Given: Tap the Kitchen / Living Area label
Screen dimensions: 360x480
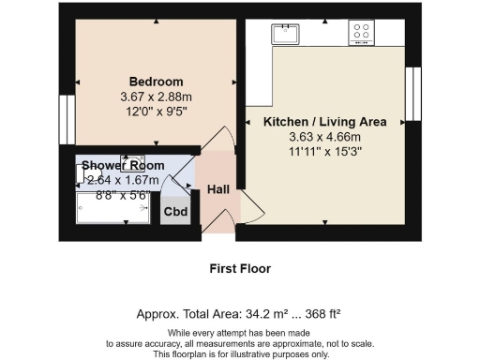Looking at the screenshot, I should click(x=324, y=122).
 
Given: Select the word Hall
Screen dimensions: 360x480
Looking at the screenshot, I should click(x=218, y=189).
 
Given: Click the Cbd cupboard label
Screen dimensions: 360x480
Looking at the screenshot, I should click(x=175, y=211).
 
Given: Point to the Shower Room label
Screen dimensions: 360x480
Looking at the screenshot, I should click(x=122, y=166).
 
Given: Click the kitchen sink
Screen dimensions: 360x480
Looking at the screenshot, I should click(x=284, y=35).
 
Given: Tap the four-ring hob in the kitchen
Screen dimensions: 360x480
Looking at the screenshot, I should click(x=361, y=34).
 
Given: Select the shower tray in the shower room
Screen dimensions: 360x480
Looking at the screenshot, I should click(x=112, y=213).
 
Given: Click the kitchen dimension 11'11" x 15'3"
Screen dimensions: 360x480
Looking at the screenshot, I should click(x=324, y=151).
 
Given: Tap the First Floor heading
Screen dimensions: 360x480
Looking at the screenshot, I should click(x=239, y=269).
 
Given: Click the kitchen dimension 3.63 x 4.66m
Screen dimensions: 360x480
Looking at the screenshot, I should click(x=324, y=137).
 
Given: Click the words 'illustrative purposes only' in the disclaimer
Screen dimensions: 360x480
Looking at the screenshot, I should click(x=280, y=353).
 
